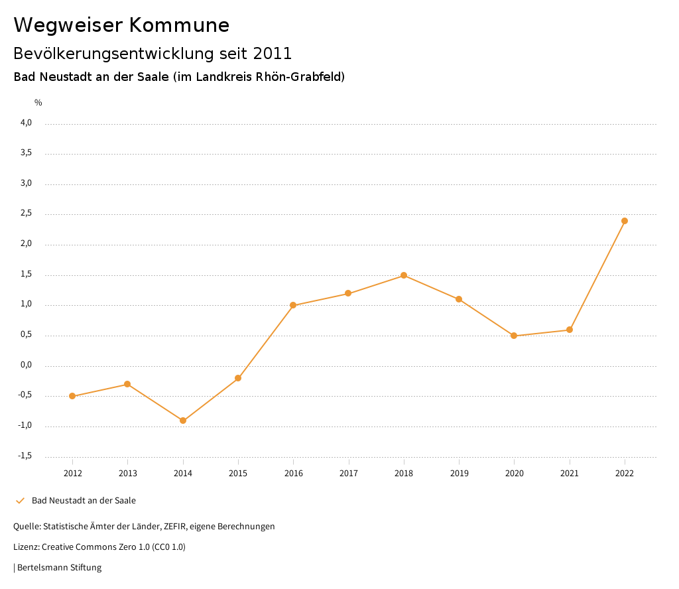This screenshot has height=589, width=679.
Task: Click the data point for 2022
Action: [x=625, y=221]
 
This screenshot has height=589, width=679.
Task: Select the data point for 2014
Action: [x=183, y=421]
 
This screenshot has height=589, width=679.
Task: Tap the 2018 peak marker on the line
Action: [x=404, y=275]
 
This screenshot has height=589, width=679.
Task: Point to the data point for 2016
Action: [x=293, y=305]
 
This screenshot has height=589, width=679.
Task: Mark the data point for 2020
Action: [x=514, y=336]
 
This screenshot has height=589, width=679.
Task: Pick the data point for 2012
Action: [x=72, y=396]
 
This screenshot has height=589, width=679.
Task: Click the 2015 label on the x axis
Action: [x=238, y=474]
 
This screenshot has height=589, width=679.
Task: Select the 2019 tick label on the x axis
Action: [x=459, y=474]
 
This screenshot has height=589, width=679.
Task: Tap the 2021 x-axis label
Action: [x=570, y=474]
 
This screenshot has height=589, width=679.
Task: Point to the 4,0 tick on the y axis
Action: [x=27, y=123]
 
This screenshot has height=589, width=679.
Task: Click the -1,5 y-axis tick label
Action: [x=25, y=456]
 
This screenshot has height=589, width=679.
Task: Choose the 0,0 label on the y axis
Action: [x=27, y=365]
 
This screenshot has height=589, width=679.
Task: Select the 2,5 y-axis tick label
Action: [x=27, y=214]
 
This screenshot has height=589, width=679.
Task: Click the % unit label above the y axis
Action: [x=38, y=103]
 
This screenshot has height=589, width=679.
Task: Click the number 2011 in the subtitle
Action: [x=273, y=54]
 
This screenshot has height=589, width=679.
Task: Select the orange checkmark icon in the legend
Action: [x=20, y=501]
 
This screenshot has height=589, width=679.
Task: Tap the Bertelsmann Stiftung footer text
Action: [x=59, y=568]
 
